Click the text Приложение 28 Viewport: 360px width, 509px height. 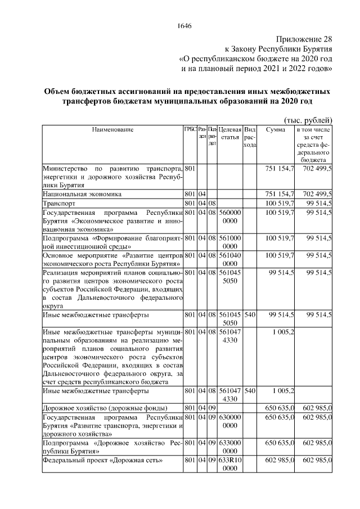click(x=304, y=39)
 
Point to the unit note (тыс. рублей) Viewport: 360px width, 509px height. click(x=308, y=119)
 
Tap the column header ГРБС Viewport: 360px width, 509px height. click(x=191, y=130)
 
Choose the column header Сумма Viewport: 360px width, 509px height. click(x=275, y=130)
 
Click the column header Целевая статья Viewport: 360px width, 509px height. click(x=229, y=133)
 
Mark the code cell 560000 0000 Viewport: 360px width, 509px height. click(x=229, y=217)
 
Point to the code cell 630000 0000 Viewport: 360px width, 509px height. click(x=229, y=421)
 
